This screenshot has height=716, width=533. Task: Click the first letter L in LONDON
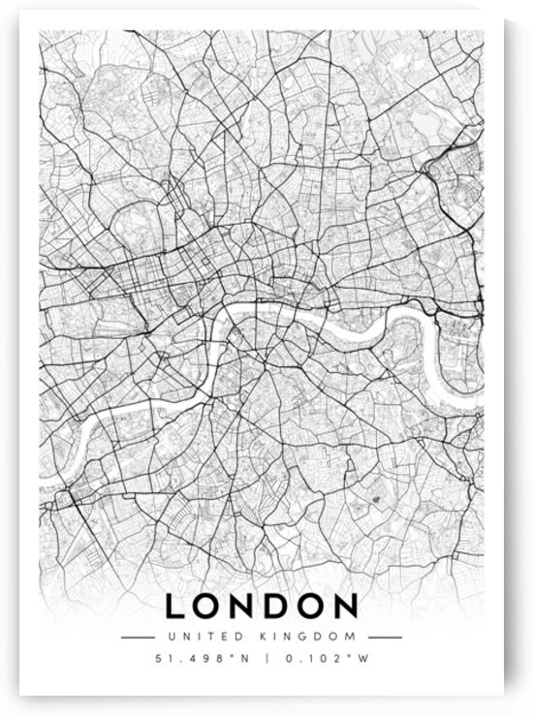pos(176,607)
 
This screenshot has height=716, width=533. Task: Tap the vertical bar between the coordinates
pos(266,660)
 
